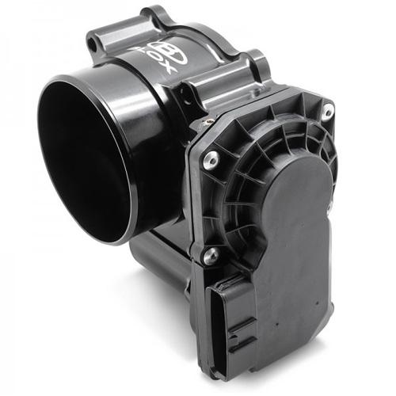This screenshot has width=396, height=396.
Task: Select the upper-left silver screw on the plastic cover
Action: [209, 162]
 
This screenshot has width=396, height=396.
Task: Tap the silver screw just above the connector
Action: [211, 256]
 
